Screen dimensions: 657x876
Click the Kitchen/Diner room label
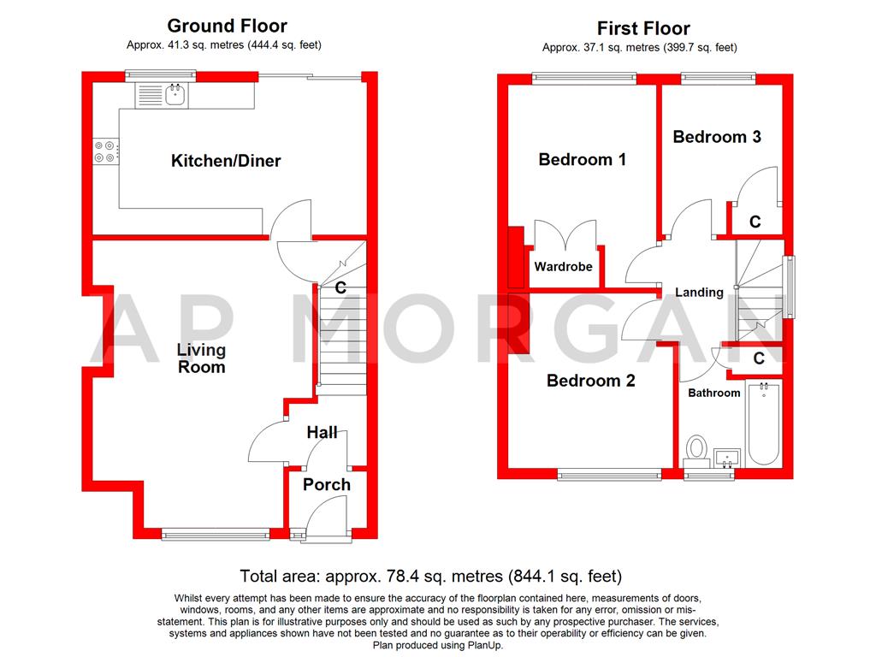(x=226, y=161)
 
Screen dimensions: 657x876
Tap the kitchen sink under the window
(x=166, y=95)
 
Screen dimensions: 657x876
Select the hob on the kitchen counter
(x=107, y=151)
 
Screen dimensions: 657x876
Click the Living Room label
(x=202, y=358)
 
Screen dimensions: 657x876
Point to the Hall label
(x=323, y=433)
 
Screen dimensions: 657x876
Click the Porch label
(x=327, y=484)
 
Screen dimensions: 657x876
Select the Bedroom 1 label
(x=582, y=159)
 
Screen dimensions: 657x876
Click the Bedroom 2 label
(x=591, y=381)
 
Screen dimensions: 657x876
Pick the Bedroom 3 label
(x=717, y=136)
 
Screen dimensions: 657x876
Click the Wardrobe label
(x=564, y=267)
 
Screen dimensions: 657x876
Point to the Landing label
(x=700, y=293)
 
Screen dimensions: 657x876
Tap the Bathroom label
(x=714, y=393)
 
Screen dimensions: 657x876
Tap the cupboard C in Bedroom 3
(x=755, y=222)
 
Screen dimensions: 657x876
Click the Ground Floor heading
(x=227, y=26)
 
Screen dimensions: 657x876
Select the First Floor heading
(x=643, y=29)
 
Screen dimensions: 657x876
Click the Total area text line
(x=431, y=576)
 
